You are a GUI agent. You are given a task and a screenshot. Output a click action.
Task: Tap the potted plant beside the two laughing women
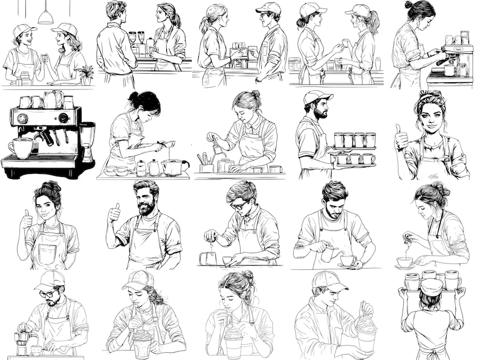coord(86,72)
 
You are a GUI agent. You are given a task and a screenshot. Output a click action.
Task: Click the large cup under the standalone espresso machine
coord(22,147)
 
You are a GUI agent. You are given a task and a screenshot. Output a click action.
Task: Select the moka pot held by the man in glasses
coord(22,339)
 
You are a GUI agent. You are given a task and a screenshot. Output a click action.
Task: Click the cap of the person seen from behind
coord(431,286)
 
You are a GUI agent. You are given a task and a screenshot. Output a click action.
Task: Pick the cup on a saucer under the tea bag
coord(405,262)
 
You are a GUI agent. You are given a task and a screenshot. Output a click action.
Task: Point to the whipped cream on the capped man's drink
coord(365,323)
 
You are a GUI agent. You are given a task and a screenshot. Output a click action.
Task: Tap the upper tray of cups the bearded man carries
coord(354,140)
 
